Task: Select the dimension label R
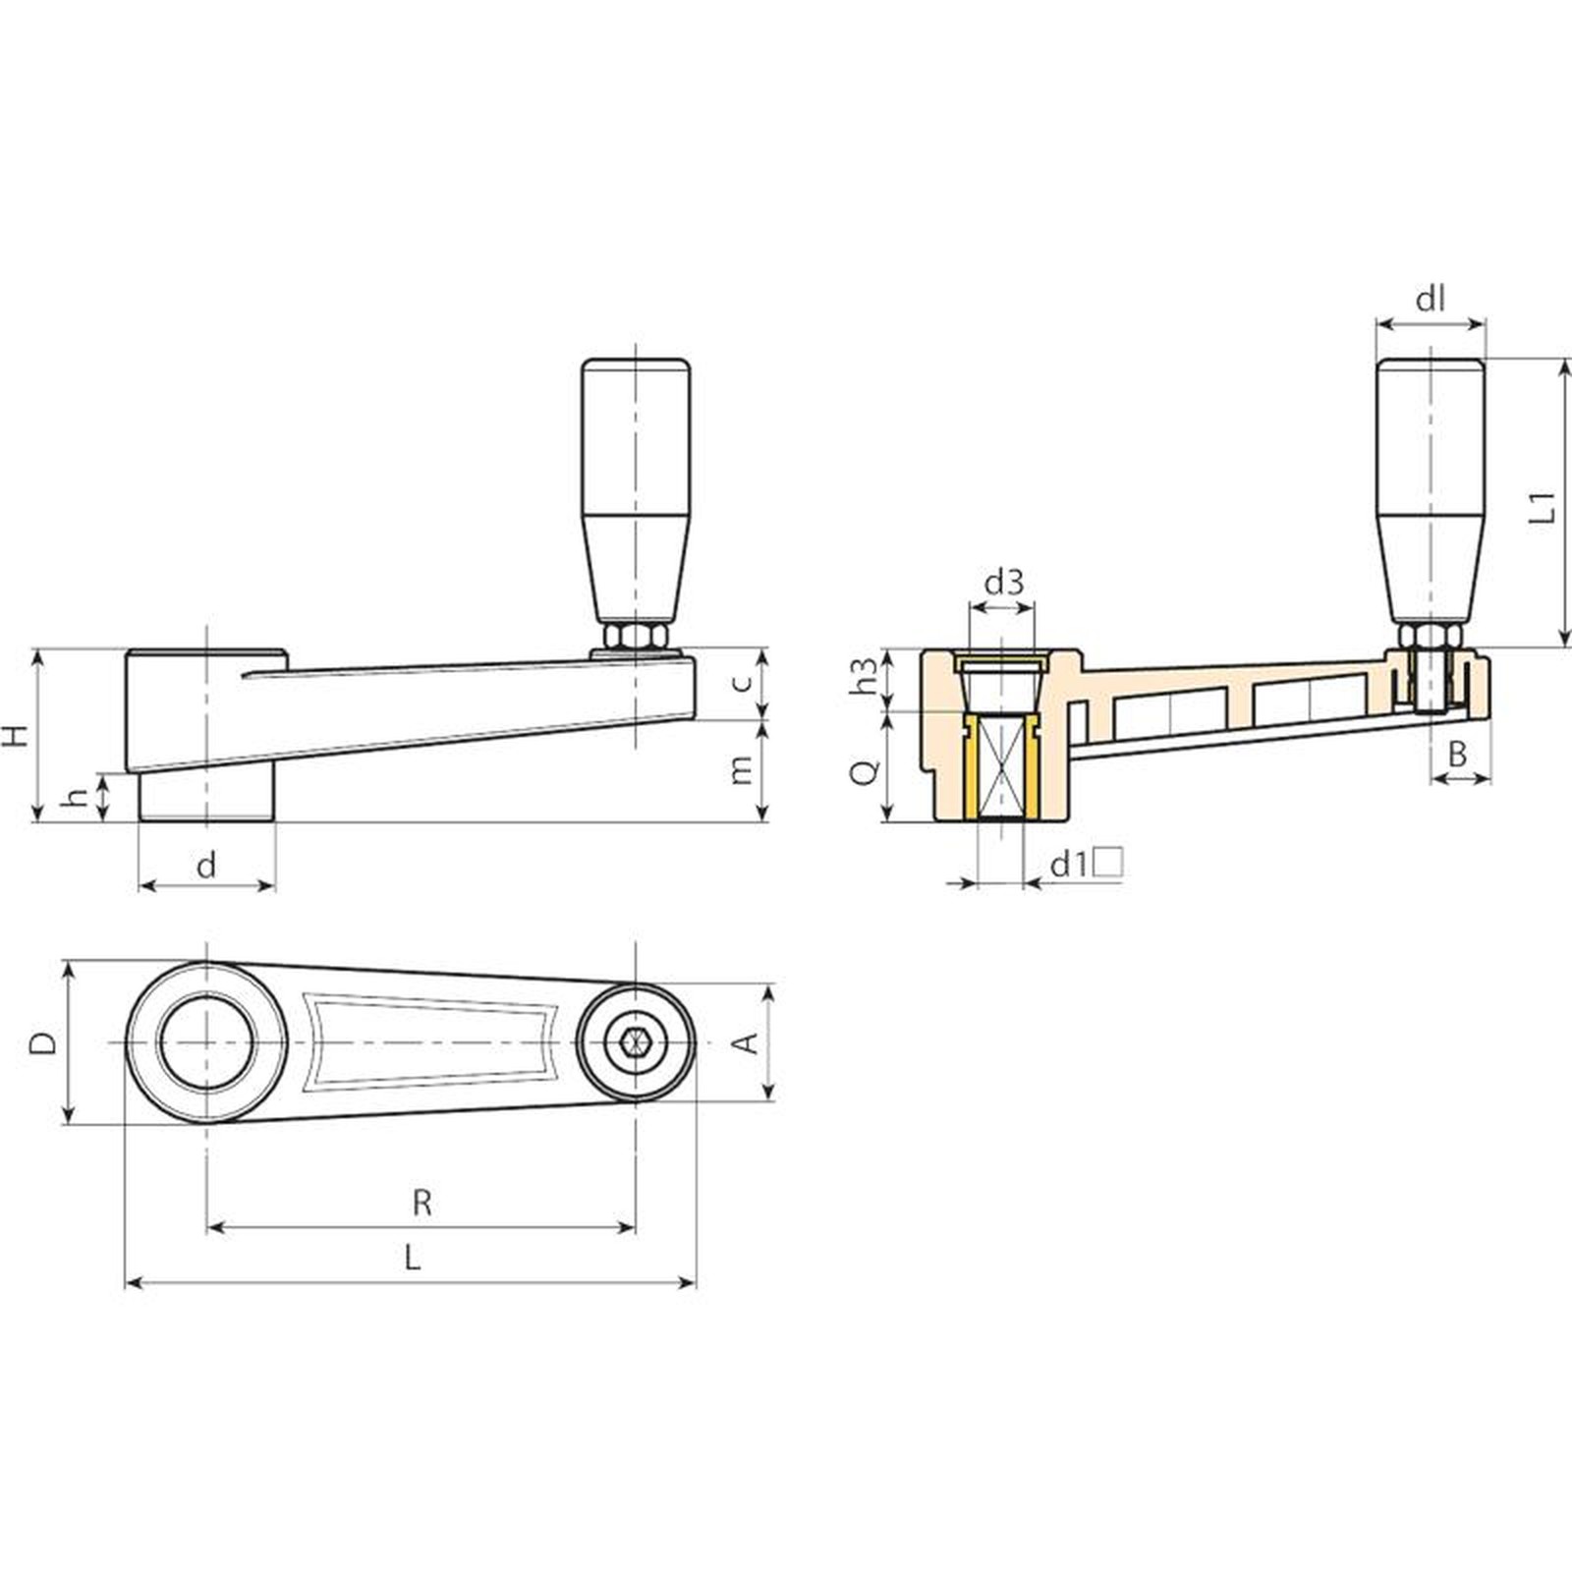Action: (x=421, y=1203)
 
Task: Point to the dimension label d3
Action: (x=1003, y=583)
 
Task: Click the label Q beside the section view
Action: (x=865, y=772)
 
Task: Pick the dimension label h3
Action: (x=865, y=676)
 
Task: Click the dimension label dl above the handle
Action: (x=1430, y=299)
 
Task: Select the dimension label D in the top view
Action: (x=42, y=1042)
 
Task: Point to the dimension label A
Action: (x=748, y=1042)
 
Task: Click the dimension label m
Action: (x=743, y=770)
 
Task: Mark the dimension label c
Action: (x=744, y=681)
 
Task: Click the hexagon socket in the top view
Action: (x=635, y=1041)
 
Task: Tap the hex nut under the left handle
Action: (x=636, y=637)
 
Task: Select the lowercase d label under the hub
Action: (x=206, y=865)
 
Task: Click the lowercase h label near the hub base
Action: (x=75, y=798)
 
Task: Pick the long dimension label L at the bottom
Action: (x=413, y=1257)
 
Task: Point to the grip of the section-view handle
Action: (x=1430, y=491)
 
